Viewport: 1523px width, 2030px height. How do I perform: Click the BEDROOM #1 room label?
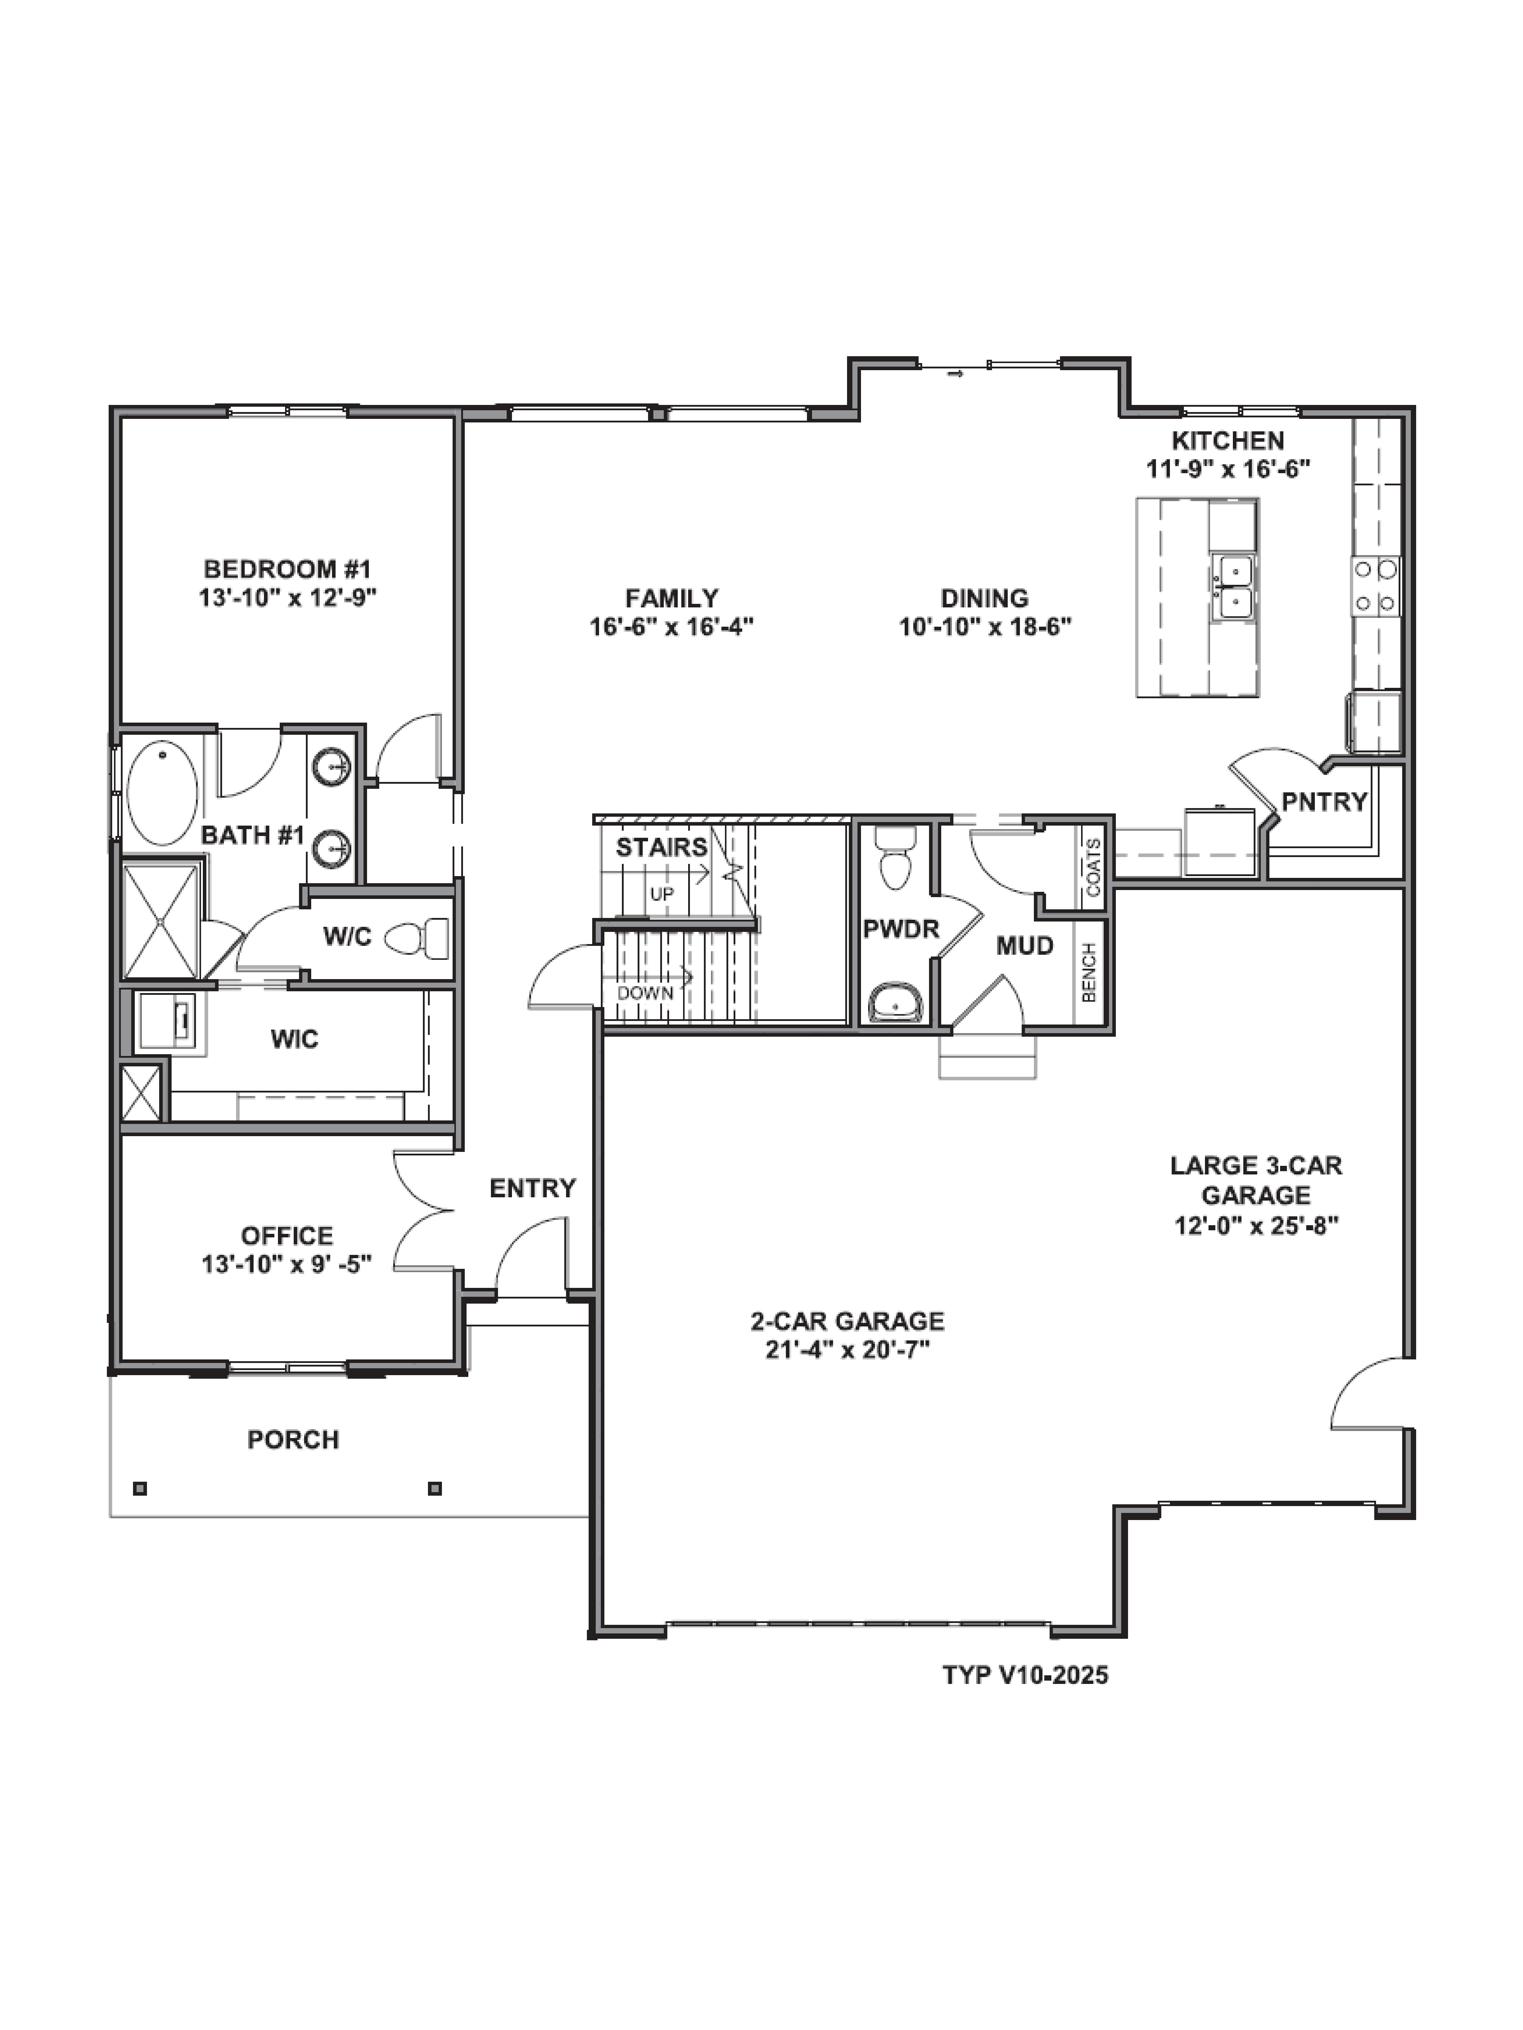287,569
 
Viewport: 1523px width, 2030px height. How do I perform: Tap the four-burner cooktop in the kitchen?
1375,586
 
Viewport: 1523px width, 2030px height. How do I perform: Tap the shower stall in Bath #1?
162,920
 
